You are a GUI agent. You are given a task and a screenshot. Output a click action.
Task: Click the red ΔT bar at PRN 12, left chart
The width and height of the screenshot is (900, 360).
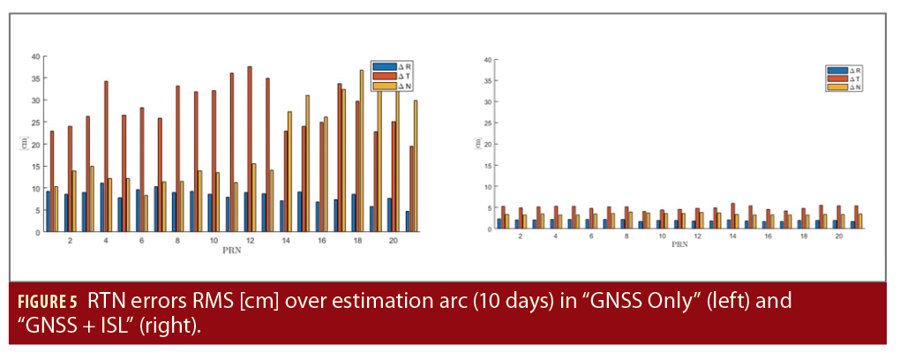249,150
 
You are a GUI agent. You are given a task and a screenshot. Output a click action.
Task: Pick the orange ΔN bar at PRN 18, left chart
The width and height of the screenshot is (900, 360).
361,152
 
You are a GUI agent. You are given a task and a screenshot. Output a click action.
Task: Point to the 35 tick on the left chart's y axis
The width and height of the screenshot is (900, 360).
36,79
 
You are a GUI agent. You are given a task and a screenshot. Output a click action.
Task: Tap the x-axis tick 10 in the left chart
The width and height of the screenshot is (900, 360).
213,240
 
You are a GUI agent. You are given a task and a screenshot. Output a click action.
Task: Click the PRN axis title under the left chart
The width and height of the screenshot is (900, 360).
230,251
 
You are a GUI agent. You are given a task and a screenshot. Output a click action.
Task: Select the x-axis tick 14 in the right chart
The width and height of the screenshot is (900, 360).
733,236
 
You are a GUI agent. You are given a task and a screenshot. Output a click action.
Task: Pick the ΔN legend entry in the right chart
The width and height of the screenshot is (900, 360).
846,86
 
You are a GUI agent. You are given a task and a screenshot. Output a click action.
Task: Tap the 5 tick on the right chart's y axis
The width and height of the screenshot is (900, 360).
487,208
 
